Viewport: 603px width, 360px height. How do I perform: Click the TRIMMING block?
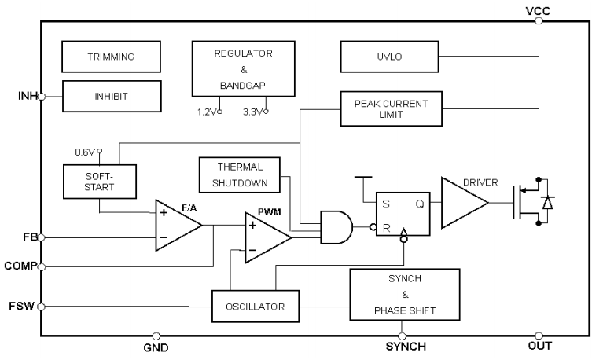(x=100, y=57)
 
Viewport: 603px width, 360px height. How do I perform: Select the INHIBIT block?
(x=100, y=97)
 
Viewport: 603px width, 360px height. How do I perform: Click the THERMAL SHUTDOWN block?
(x=239, y=174)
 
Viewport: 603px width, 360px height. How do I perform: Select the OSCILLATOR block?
(x=256, y=305)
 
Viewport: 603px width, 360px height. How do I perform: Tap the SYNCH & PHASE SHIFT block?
(x=403, y=294)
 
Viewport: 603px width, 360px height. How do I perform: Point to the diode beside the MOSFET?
(x=547, y=202)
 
